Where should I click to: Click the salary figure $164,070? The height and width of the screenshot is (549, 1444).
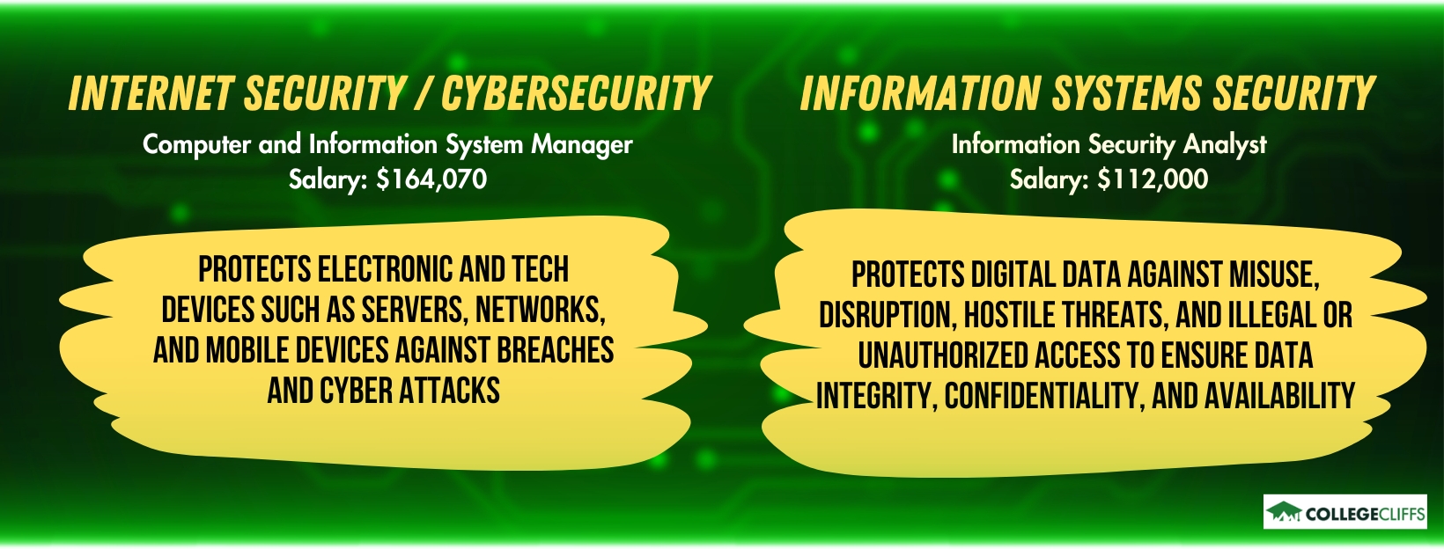431,179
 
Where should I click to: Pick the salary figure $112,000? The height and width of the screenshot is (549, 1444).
1153,179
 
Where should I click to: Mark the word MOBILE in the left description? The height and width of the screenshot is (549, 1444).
247,350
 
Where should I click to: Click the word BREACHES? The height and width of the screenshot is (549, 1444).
555,350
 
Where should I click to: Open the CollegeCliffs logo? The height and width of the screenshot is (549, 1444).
1345,513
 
